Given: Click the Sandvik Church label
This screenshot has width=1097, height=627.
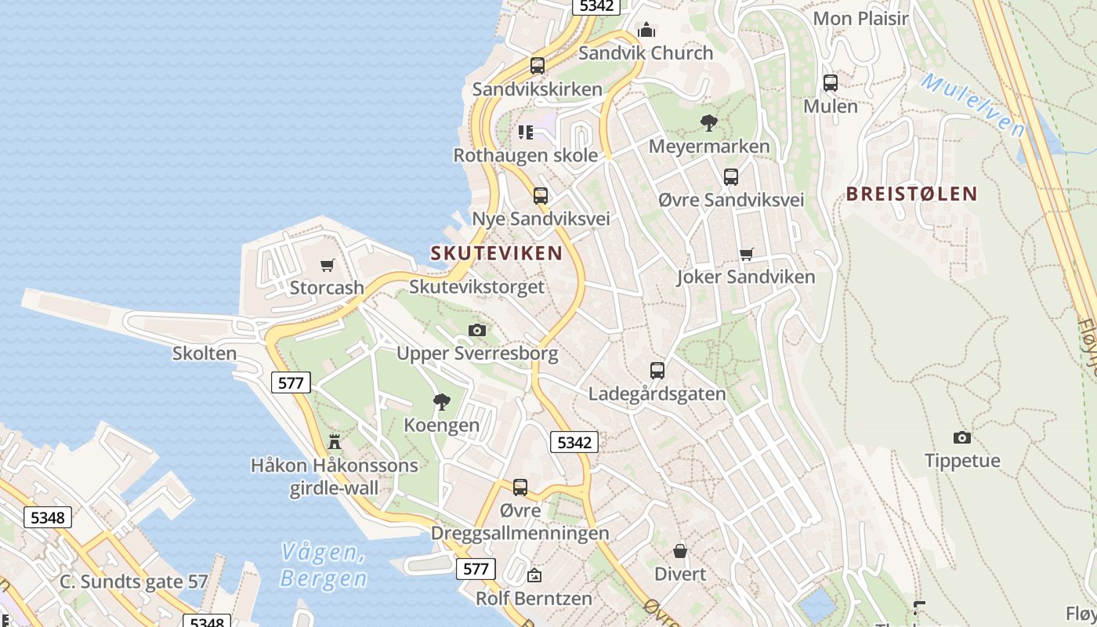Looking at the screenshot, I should coord(646,53).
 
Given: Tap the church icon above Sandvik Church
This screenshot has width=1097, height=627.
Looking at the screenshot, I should coord(646,30).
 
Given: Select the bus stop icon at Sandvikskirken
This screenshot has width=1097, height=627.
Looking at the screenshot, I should coord(538,66).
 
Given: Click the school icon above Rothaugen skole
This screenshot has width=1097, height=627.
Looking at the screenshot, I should coord(525,132).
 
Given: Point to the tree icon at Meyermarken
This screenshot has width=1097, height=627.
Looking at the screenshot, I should coord(709,123).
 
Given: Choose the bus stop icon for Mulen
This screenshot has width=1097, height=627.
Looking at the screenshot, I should coord(831,82).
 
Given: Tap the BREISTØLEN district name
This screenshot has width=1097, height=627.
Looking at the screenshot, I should coord(912,194).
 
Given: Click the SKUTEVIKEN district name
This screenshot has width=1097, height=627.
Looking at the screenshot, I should coord(496,252).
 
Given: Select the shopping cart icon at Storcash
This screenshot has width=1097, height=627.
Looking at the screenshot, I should coord(328,265).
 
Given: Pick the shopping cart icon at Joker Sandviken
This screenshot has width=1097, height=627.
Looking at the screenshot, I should coord(747,254).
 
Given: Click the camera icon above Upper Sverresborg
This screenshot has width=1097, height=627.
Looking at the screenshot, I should coord(477,331).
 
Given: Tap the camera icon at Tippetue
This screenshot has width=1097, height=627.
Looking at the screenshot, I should coord(962,437).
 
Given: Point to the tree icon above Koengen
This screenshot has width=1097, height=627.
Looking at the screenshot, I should coord(442,402).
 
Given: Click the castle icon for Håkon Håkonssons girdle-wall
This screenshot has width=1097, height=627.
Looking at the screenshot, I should coord(335,442).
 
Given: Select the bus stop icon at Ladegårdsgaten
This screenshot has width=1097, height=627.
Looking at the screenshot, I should coord(657,370).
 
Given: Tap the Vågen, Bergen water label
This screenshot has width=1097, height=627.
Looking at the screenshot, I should coord(324,565).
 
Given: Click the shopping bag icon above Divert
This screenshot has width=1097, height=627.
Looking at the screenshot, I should coord(680,551).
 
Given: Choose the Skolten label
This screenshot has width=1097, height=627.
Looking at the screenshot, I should coord(205,353).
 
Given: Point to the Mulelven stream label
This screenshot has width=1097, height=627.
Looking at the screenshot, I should coord(972,104).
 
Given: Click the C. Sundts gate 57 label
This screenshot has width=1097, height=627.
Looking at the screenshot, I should coord(134,582).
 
